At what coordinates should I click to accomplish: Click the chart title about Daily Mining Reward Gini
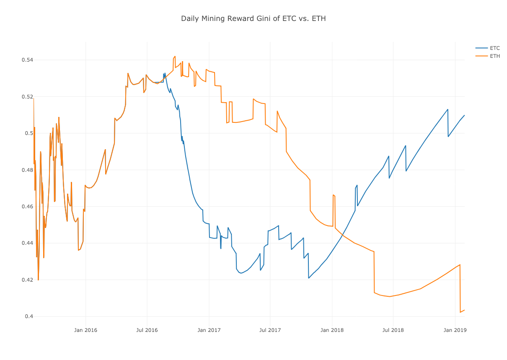253,18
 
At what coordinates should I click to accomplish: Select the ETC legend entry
494,48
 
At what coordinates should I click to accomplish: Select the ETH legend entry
494,56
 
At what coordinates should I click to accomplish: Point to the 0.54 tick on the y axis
27,60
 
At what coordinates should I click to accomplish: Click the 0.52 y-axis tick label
27,97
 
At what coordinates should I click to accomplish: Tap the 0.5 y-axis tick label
29,133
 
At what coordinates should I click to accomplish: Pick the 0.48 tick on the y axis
27,170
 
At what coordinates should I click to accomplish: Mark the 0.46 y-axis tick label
27,207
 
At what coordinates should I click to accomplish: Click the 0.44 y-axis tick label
27,243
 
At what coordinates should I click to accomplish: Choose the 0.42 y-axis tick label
27,280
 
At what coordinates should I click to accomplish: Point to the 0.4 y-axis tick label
29,316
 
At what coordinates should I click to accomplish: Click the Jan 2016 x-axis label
85,330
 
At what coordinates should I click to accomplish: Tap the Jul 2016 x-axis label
147,330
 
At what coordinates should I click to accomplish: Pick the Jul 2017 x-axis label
270,330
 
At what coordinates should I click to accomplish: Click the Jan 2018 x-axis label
332,330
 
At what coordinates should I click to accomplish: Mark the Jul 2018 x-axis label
393,330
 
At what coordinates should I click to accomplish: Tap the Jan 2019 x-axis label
455,330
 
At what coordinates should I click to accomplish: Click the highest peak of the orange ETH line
175,56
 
